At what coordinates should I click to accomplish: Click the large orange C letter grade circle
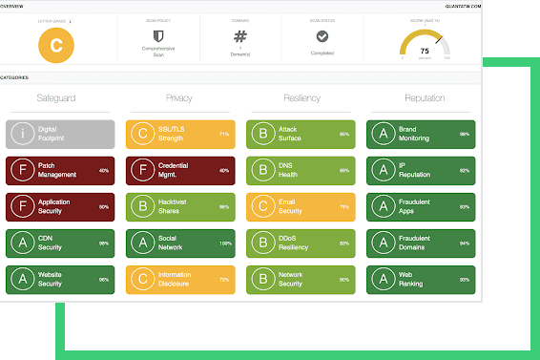(56, 45)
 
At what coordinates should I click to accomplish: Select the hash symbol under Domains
(240, 36)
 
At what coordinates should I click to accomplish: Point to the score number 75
(424, 51)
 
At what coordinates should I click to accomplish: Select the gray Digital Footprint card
(60, 134)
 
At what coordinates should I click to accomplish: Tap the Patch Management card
(60, 170)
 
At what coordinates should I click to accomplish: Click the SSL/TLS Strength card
(181, 134)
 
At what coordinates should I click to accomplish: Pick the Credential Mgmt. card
(181, 170)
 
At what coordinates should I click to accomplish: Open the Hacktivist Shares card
(181, 206)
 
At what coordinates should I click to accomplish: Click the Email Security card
(301, 206)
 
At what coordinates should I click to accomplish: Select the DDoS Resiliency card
(301, 243)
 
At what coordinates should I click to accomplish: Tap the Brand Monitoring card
(421, 134)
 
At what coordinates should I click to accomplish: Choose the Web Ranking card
(421, 279)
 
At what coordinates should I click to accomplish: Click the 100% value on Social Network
(225, 244)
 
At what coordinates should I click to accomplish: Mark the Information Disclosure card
(181, 279)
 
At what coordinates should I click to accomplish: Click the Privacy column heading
(178, 98)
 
